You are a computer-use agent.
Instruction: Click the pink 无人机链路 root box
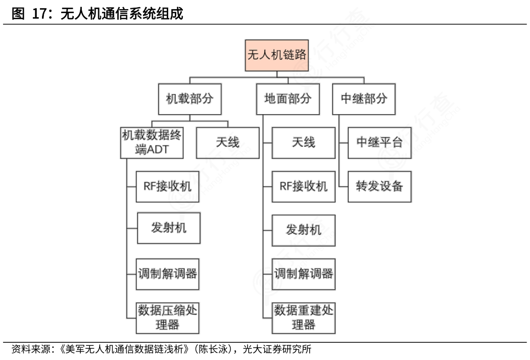(x=276, y=55)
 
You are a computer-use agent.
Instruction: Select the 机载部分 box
(x=189, y=98)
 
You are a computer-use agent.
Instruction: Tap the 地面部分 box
(x=287, y=98)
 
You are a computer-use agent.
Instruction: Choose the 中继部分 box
(x=364, y=98)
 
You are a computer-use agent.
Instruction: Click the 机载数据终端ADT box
(x=152, y=142)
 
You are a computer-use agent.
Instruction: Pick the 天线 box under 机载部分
(x=227, y=142)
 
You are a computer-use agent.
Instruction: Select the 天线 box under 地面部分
(x=303, y=142)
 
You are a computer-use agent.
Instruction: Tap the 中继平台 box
(x=379, y=142)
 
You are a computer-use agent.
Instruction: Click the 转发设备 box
(x=379, y=186)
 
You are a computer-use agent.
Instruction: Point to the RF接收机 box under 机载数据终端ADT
(x=168, y=186)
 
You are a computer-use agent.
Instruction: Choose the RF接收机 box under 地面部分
(x=303, y=186)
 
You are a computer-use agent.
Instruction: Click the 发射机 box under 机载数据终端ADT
(x=168, y=228)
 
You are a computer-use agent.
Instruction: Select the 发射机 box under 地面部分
(x=303, y=230)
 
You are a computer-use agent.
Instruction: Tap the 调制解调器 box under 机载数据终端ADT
(x=168, y=274)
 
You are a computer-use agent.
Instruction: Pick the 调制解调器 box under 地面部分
(x=303, y=274)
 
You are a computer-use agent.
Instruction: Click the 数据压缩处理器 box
(x=168, y=317)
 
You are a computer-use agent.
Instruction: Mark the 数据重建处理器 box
(x=303, y=317)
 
